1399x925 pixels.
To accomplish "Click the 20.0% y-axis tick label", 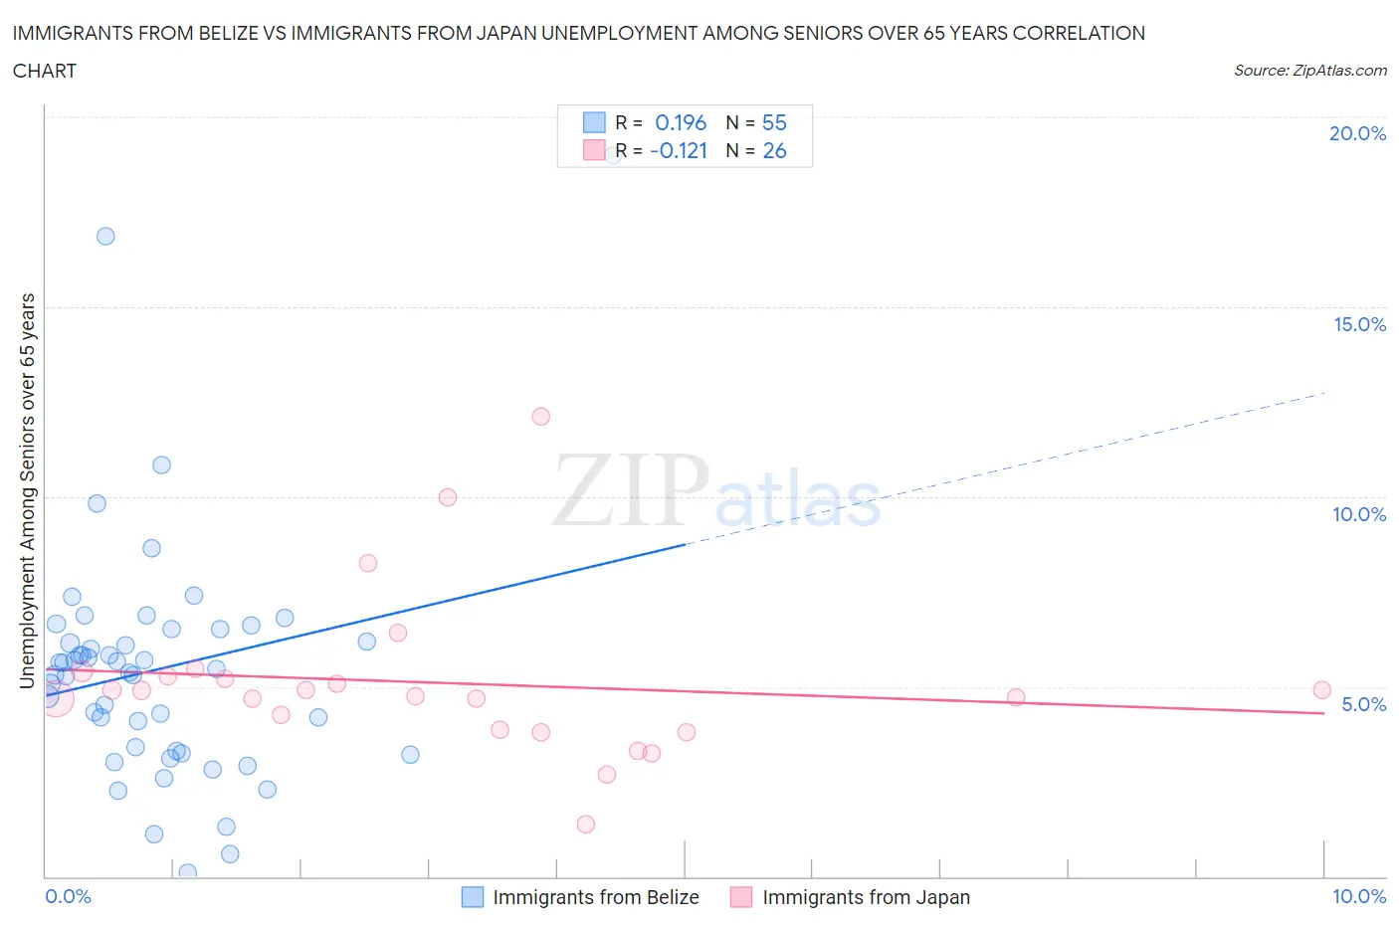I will pyautogui.click(x=1357, y=133).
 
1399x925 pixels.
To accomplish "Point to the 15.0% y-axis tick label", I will pyautogui.click(x=1359, y=324).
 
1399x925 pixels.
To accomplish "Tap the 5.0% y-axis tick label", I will pyautogui.click(x=1363, y=704).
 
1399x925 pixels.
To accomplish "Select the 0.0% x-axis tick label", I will pyautogui.click(x=68, y=896).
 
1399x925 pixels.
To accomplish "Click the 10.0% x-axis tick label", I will pyautogui.click(x=1359, y=896).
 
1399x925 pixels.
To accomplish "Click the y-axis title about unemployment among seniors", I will pyautogui.click(x=27, y=490).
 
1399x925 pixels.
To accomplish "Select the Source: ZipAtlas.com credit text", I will pyautogui.click(x=1309, y=71).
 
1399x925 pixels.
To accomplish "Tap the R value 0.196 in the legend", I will pyautogui.click(x=681, y=122).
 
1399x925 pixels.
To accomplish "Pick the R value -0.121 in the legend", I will pyautogui.click(x=679, y=150).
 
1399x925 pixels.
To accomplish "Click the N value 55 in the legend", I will pyautogui.click(x=774, y=122).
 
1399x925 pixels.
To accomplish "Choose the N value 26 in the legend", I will pyautogui.click(x=774, y=150).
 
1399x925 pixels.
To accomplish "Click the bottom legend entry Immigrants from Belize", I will pyautogui.click(x=595, y=897).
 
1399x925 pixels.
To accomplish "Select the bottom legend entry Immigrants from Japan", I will pyautogui.click(x=865, y=897).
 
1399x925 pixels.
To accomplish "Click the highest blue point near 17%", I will pyautogui.click(x=105, y=236).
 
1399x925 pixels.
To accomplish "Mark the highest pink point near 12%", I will pyautogui.click(x=540, y=417).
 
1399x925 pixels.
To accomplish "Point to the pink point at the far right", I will pyautogui.click(x=1321, y=690).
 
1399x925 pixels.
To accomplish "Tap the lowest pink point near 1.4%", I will pyautogui.click(x=586, y=825).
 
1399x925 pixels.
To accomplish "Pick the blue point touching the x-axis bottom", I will pyautogui.click(x=187, y=872).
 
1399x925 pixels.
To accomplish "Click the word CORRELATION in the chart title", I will pyautogui.click(x=1079, y=33).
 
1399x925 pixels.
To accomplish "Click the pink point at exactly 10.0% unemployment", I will pyautogui.click(x=448, y=497).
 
